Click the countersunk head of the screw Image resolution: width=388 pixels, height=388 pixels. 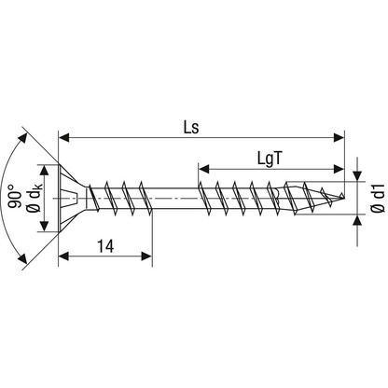point(73,197)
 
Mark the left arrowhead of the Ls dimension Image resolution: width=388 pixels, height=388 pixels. point(64,136)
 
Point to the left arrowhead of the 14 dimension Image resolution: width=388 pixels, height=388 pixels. point(64,256)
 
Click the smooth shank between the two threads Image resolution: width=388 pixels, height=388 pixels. point(173,197)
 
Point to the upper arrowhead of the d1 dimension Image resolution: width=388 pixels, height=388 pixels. point(358,177)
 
